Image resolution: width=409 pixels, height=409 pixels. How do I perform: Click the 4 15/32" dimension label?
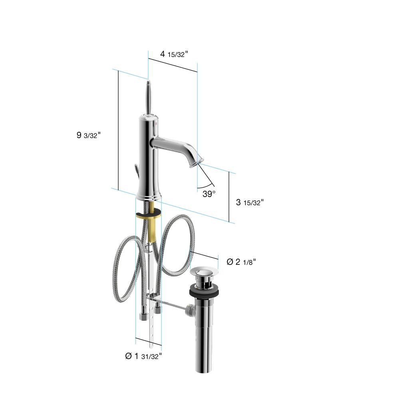point(174,54)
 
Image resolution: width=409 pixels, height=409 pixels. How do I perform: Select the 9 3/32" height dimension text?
point(89,135)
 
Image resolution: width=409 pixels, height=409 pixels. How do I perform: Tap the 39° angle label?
point(209,194)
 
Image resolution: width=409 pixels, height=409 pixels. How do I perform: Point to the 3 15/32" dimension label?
point(250,202)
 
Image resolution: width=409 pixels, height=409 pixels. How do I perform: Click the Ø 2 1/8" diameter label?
point(241,262)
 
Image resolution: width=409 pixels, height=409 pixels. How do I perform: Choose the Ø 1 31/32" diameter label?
point(143,356)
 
